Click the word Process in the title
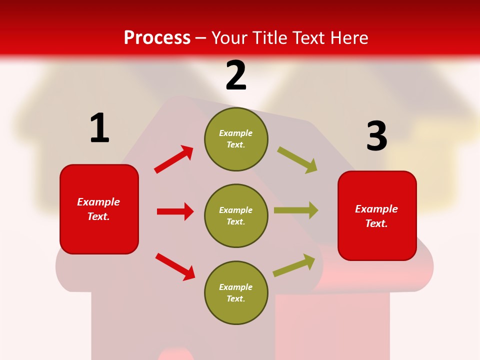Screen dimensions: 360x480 point(157,38)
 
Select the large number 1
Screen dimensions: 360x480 point(99,128)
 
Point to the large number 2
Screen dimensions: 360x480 point(236,75)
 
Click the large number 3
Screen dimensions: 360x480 point(376,136)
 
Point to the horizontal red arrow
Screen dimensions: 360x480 point(175,211)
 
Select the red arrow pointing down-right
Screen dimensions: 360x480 point(175,266)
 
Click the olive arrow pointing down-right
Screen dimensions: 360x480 point(297,160)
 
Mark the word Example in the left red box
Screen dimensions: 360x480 point(98,202)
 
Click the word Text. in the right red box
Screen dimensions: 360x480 point(376,223)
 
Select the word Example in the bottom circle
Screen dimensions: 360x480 point(236,287)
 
